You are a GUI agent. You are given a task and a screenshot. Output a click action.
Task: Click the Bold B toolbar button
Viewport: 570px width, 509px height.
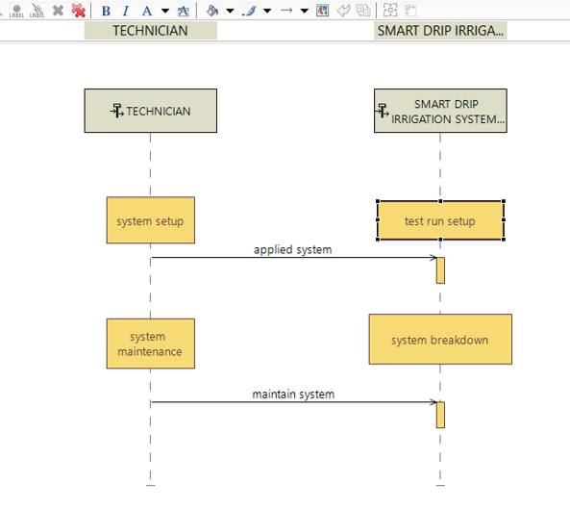point(106,11)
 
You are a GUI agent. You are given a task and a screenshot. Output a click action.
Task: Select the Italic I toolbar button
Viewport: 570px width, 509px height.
point(126,11)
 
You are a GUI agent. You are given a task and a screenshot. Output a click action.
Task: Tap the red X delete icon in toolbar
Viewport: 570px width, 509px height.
point(78,11)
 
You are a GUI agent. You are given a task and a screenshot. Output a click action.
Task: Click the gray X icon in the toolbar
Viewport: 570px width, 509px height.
point(58,11)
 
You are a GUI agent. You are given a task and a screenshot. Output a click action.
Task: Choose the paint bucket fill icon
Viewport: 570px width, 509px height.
point(212,11)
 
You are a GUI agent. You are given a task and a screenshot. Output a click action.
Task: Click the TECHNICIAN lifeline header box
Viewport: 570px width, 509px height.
point(151,111)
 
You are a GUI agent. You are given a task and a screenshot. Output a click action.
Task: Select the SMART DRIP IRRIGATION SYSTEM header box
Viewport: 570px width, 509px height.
point(440,111)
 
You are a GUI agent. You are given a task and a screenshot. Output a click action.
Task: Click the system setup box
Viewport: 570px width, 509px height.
point(151,220)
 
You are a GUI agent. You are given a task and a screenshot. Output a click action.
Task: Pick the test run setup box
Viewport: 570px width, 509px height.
point(440,220)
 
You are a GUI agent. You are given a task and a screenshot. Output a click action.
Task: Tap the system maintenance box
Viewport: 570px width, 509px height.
point(151,344)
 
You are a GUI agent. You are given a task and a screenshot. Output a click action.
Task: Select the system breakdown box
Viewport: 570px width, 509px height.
point(440,339)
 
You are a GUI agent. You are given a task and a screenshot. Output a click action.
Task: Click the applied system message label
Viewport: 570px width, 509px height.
point(292,250)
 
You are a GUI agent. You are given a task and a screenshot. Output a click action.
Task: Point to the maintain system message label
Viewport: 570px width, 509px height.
point(293,394)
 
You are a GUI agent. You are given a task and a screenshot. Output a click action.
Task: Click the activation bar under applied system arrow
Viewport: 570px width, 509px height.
point(440,270)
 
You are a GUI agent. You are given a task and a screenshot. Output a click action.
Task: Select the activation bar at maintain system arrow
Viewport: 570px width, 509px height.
point(440,415)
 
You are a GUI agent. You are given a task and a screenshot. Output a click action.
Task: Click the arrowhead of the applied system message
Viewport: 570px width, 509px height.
point(435,258)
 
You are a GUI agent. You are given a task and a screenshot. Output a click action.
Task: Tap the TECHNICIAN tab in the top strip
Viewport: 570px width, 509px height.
point(151,31)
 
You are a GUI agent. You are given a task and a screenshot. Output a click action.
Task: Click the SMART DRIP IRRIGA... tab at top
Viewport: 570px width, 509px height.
point(440,31)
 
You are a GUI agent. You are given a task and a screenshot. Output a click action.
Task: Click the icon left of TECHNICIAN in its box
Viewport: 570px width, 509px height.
point(117,111)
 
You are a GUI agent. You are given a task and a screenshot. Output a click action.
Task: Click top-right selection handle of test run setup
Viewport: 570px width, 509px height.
point(504,201)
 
